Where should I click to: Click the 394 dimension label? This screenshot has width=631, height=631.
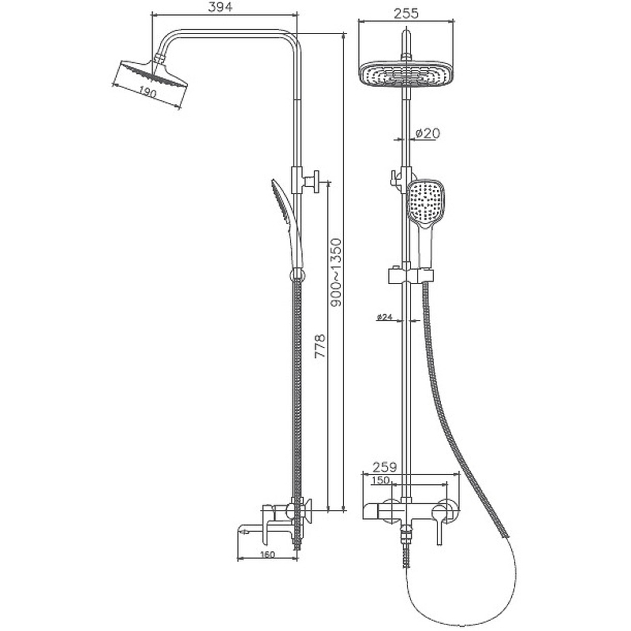(x=221, y=7)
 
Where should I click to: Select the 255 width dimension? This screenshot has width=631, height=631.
(x=406, y=13)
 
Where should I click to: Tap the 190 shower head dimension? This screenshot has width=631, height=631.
(x=148, y=93)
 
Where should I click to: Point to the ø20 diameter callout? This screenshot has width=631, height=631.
(x=427, y=133)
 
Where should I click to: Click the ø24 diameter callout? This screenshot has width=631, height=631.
(x=385, y=317)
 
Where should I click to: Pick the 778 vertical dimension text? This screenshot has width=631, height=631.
(x=319, y=345)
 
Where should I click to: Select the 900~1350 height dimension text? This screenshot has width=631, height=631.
(x=336, y=272)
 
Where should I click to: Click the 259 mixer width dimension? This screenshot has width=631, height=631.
(x=384, y=467)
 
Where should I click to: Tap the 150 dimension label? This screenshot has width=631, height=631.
(x=380, y=480)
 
